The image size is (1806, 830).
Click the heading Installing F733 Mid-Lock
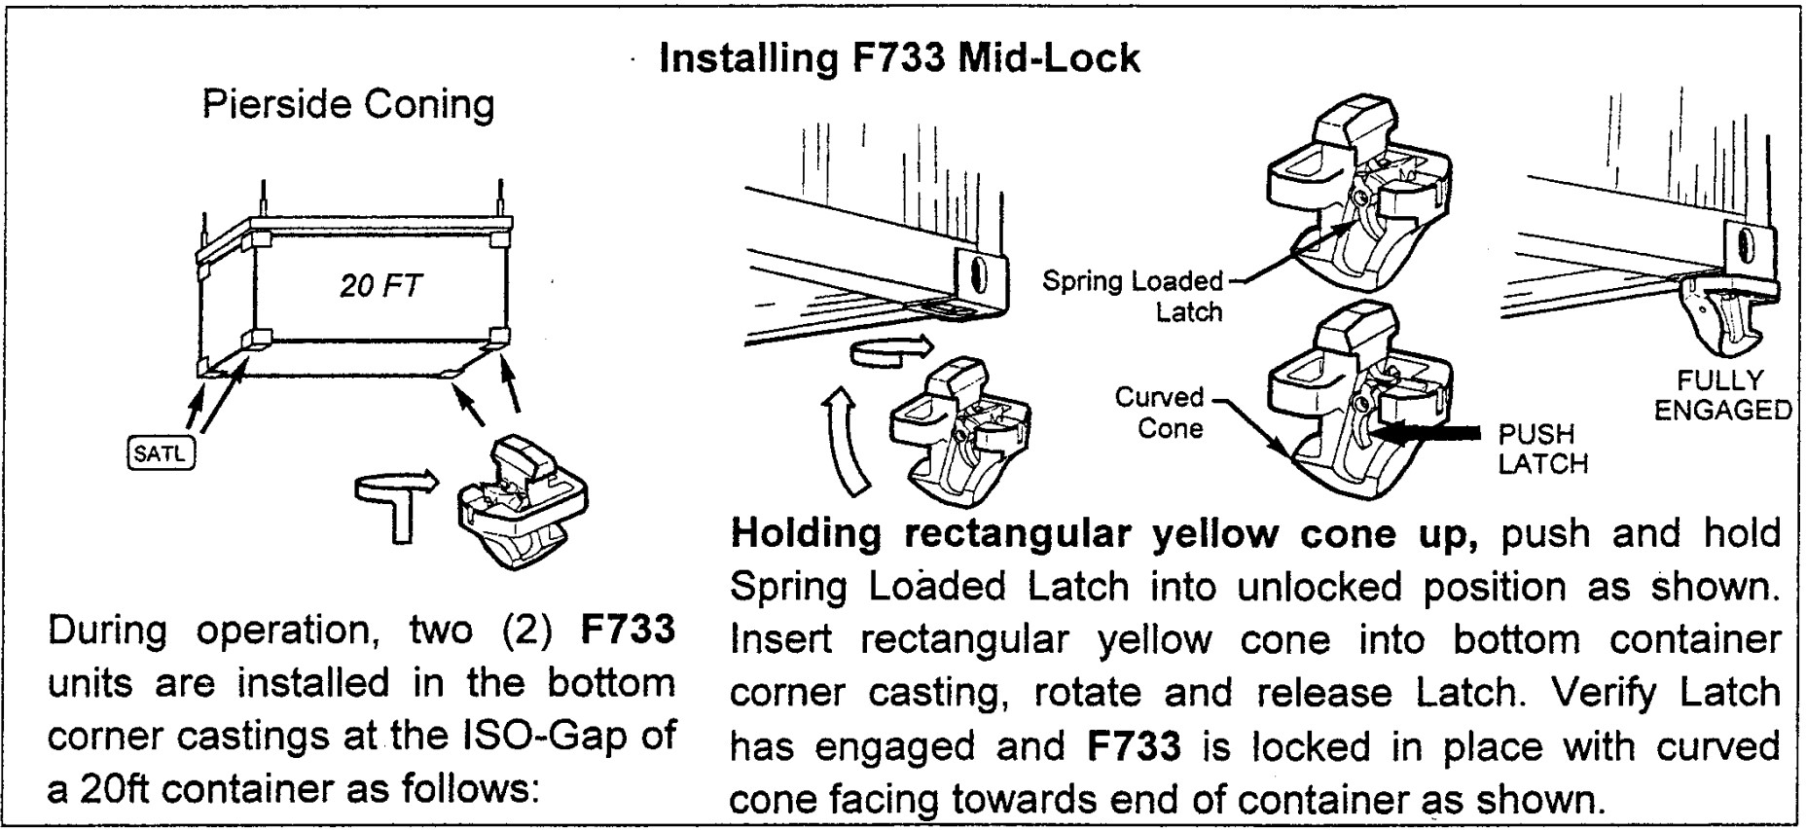coord(899,58)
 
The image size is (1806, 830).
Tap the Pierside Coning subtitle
coord(347,105)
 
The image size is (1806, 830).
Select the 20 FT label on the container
coord(380,286)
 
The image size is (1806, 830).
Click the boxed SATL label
coord(161,453)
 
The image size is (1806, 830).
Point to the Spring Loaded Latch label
coord(1132,296)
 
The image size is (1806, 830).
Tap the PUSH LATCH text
coord(1542,449)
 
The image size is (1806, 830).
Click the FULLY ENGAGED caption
coord(1721,395)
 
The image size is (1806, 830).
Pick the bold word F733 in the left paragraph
coord(628,630)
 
